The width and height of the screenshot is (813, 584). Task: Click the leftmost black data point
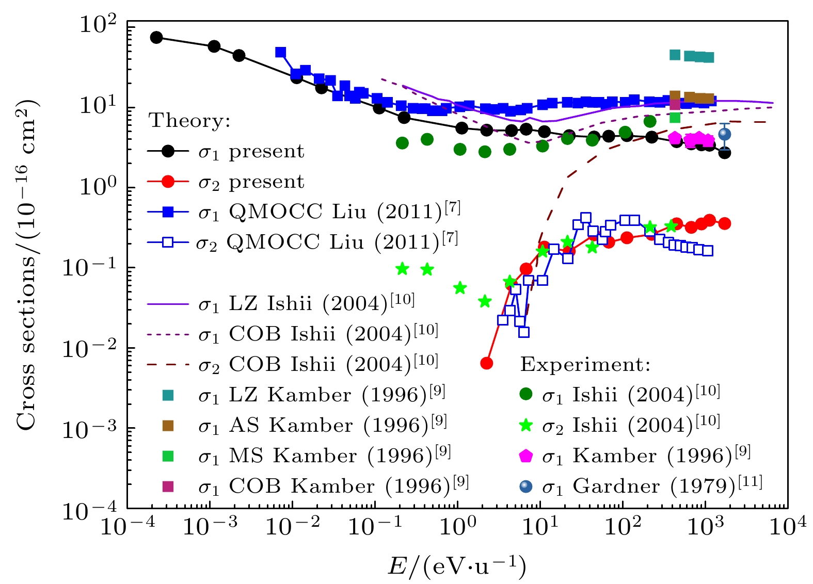(x=156, y=37)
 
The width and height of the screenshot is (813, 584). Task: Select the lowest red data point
(x=486, y=363)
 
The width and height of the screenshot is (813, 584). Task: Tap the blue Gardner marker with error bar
(x=724, y=134)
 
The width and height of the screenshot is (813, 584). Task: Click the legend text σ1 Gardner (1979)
(x=651, y=486)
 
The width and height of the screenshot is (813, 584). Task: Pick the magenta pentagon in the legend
(x=525, y=456)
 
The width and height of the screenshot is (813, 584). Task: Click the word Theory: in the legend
(x=189, y=121)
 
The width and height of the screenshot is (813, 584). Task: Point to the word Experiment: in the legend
(x=585, y=365)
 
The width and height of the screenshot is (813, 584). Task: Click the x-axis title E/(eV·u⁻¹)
(x=457, y=566)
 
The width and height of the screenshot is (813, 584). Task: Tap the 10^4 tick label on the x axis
(x=787, y=527)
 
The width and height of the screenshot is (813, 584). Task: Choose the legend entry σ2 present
(x=251, y=182)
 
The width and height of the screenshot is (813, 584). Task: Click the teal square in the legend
(x=168, y=395)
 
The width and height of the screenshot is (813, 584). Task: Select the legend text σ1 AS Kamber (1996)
(x=322, y=426)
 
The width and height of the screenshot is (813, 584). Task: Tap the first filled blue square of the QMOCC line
(x=280, y=52)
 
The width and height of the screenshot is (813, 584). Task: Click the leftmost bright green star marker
(x=402, y=268)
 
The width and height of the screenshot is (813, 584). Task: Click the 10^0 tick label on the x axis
(x=457, y=527)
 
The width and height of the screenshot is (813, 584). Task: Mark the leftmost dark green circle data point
(x=402, y=143)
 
